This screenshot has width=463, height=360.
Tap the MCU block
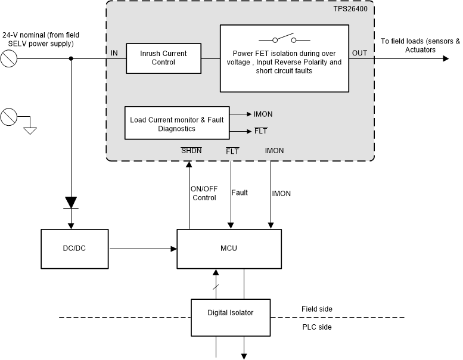click(228, 247)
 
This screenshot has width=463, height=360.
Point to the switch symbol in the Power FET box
click(284, 40)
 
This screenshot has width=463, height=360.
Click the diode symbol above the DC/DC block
click(72, 202)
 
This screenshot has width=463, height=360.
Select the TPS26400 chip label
click(353, 10)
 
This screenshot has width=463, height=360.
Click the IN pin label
click(114, 53)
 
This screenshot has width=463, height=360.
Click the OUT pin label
click(360, 53)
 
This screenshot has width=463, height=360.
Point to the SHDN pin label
click(191, 151)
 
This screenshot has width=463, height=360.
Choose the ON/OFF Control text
click(204, 193)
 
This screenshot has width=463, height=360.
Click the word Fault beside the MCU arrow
click(240, 193)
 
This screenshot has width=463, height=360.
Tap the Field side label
click(316, 309)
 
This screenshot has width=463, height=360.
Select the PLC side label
click(316, 327)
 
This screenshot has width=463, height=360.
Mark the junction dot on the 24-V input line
click(72, 58)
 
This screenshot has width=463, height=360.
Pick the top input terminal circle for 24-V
click(8, 58)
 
